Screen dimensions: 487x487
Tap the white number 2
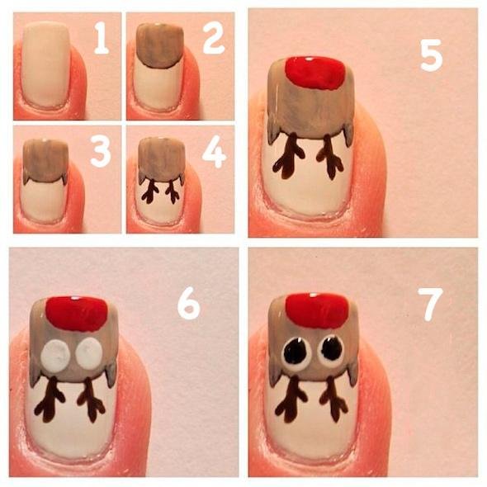(x=214, y=38)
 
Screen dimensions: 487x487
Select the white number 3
(x=101, y=151)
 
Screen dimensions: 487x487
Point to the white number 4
(x=214, y=152)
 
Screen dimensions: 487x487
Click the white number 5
(x=431, y=55)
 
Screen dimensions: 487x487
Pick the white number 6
(x=189, y=304)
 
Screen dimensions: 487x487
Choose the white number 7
(x=431, y=305)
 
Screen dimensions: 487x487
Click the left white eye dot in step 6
(x=56, y=355)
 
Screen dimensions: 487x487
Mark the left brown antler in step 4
(x=150, y=191)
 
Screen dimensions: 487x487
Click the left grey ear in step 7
(x=273, y=374)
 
